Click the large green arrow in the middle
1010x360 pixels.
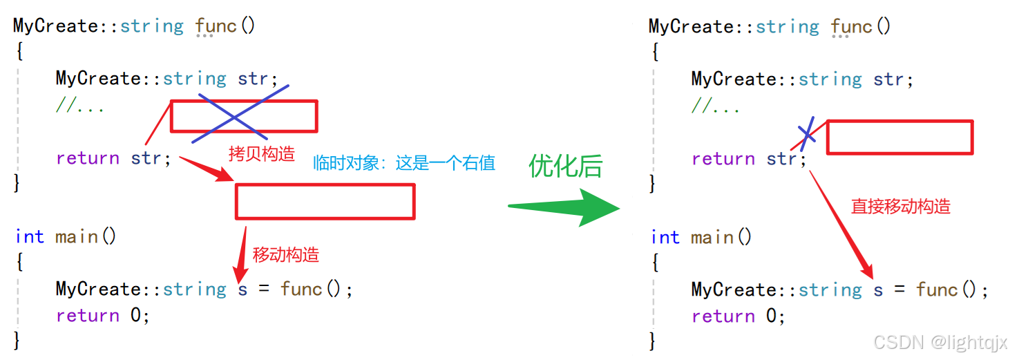pyautogui.click(x=566, y=205)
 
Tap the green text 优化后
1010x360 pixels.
pyautogui.click(x=565, y=166)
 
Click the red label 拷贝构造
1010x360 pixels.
pyautogui.click(x=261, y=153)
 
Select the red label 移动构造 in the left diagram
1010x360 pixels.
pyautogui.click(x=285, y=254)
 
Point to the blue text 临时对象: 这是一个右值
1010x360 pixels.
pyautogui.click(x=404, y=163)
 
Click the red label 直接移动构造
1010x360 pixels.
pyautogui.click(x=900, y=206)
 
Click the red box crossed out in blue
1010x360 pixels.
pyautogui.click(x=244, y=116)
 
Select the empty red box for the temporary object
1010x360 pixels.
pyautogui.click(x=325, y=202)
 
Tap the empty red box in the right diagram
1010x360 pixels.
pyautogui.click(x=899, y=137)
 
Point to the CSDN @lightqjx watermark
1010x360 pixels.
pyautogui.click(x=940, y=342)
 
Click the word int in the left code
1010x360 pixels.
pyautogui.click(x=30, y=236)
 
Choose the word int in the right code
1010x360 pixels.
pyautogui.click(x=665, y=237)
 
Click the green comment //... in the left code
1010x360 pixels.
pyautogui.click(x=79, y=106)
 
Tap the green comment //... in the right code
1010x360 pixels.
pyautogui.click(x=715, y=106)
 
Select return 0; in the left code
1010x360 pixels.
pyautogui.click(x=102, y=315)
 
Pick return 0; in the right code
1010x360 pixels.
pyautogui.click(x=738, y=316)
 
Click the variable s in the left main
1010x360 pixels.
pyautogui.click(x=242, y=289)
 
